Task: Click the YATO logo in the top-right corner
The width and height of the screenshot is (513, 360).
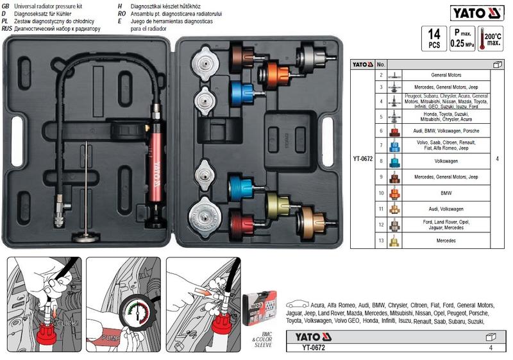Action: pyautogui.click(x=478, y=12)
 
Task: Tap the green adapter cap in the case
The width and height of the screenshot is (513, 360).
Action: pyautogui.click(x=276, y=204)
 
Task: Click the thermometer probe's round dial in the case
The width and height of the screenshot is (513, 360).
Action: pyautogui.click(x=85, y=238)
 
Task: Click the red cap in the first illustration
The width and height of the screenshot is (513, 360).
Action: pyautogui.click(x=44, y=334)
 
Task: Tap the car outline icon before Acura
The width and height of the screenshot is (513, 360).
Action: pyautogui.click(x=297, y=304)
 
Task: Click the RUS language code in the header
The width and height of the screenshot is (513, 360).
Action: pyautogui.click(x=6, y=29)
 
